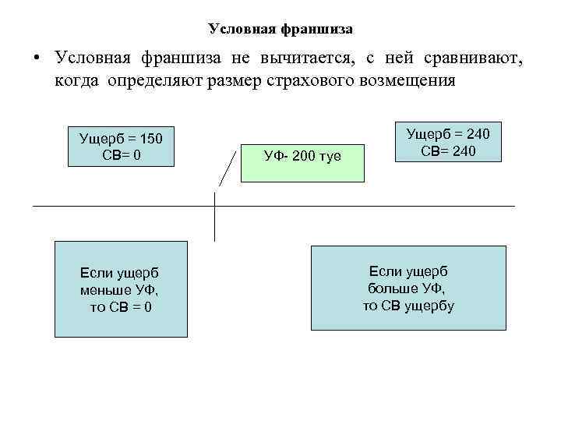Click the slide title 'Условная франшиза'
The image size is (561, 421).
pyautogui.click(x=280, y=30)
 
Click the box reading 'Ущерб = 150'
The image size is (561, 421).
pyautogui.click(x=121, y=146)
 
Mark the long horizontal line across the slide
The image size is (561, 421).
pyautogui.click(x=390, y=206)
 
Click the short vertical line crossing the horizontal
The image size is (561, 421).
pyautogui.click(x=214, y=226)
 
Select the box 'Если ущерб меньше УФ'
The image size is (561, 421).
pyautogui.click(x=121, y=288)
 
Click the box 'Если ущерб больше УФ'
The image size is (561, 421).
pyautogui.click(x=408, y=288)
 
